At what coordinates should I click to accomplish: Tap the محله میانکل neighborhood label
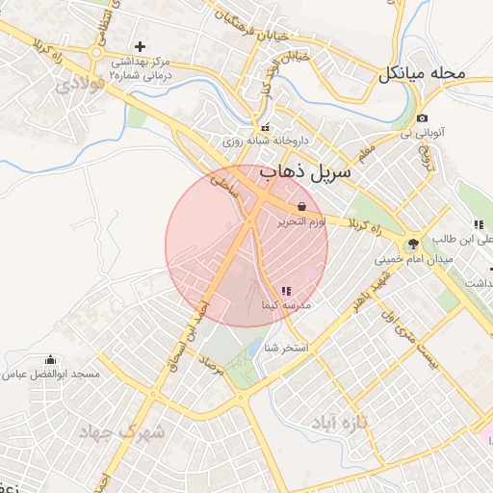coord(423,72)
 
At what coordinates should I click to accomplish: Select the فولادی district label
coord(78,84)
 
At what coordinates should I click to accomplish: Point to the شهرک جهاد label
coord(125,432)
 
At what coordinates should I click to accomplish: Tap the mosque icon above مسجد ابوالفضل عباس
coord(50,359)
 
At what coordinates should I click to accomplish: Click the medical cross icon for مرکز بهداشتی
coord(141,46)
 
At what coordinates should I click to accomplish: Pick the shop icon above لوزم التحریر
coord(302,206)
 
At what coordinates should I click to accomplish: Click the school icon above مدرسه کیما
coord(286,290)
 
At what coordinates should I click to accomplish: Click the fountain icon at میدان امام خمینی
coord(413,244)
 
